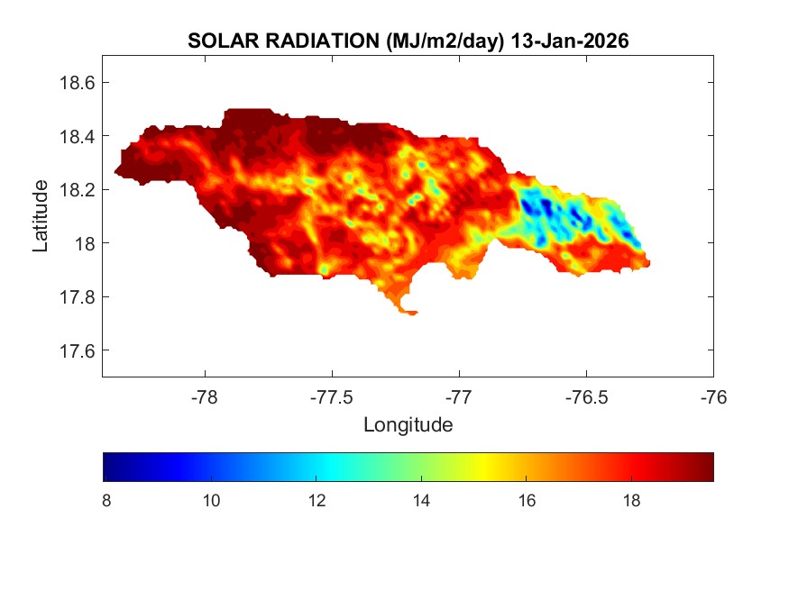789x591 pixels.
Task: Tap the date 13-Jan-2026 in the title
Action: coord(569,41)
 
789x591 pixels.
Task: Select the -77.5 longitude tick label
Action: coord(332,396)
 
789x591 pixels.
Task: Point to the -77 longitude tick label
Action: coord(459,396)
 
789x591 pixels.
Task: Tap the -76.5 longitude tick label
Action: coord(586,396)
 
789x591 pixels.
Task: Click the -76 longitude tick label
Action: coord(713,396)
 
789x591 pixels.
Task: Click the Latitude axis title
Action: coord(41,216)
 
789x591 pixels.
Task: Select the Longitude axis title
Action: coord(408,424)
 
